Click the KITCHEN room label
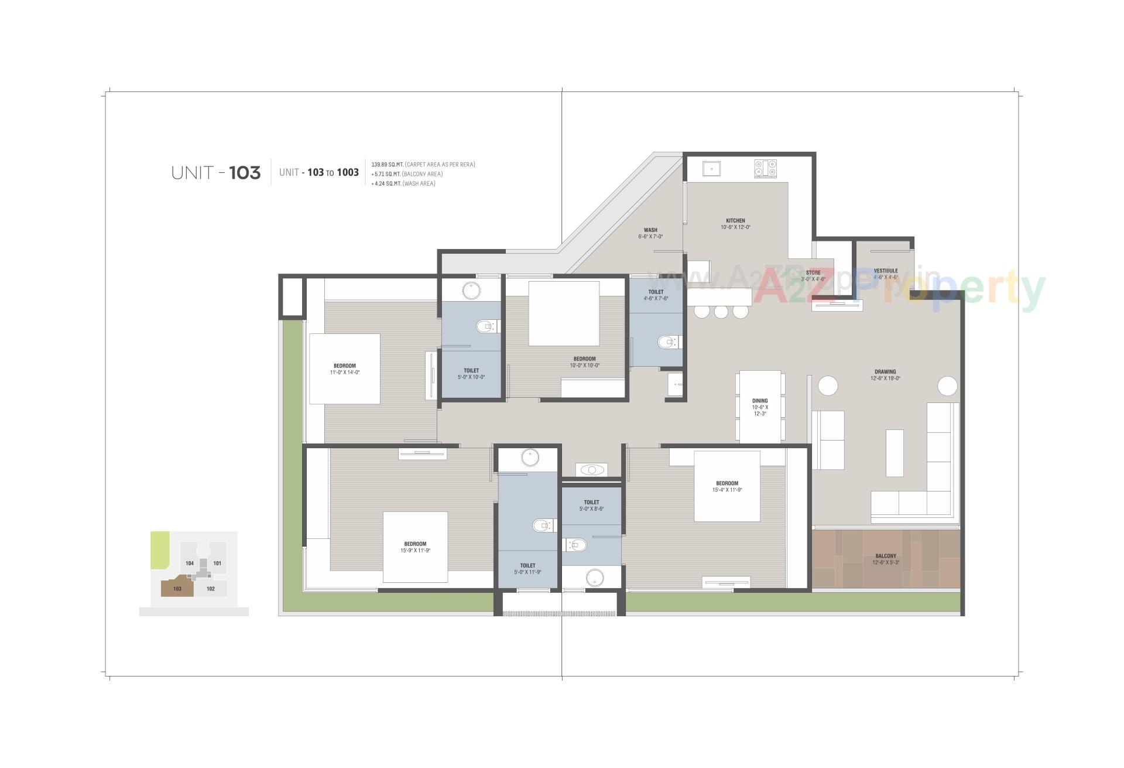pyautogui.click(x=735, y=221)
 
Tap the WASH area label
pyautogui.click(x=650, y=230)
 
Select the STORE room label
pyautogui.click(x=813, y=273)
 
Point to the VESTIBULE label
pyautogui.click(x=885, y=271)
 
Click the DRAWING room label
pyautogui.click(x=885, y=372)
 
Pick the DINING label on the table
pyautogui.click(x=760, y=401)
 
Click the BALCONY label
pyautogui.click(x=885, y=556)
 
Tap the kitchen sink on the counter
pyautogui.click(x=711, y=169)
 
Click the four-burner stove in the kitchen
pyautogui.click(x=765, y=169)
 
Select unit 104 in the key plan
pyautogui.click(x=190, y=563)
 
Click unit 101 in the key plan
pyautogui.click(x=217, y=563)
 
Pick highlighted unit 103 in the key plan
pyautogui.click(x=177, y=588)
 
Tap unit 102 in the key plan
pyautogui.click(x=211, y=588)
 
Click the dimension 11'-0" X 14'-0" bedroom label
pyautogui.click(x=345, y=373)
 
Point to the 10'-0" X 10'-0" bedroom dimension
pyautogui.click(x=584, y=366)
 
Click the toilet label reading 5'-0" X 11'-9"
pyautogui.click(x=527, y=572)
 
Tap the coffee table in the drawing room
pyautogui.click(x=894, y=453)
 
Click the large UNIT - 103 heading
pyautogui.click(x=215, y=173)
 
